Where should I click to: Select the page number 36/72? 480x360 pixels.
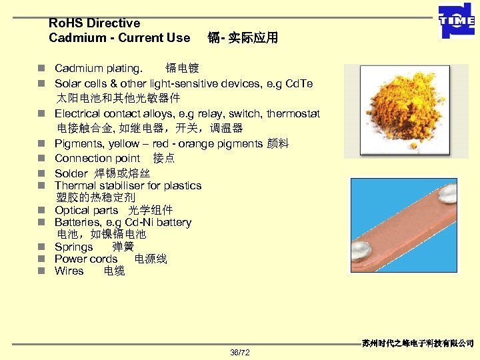pos(239,352)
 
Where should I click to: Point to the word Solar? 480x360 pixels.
pos(69,83)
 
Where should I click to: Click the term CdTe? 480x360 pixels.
pos(298,83)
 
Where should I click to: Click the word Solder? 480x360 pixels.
pos(70,173)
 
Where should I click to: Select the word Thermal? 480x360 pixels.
pos(76,185)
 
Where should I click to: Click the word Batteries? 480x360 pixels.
pos(77,222)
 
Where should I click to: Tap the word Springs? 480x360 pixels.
pos(73,247)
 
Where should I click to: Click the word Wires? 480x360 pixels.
pos(69,271)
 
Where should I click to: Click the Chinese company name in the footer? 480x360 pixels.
pos(418,343)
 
